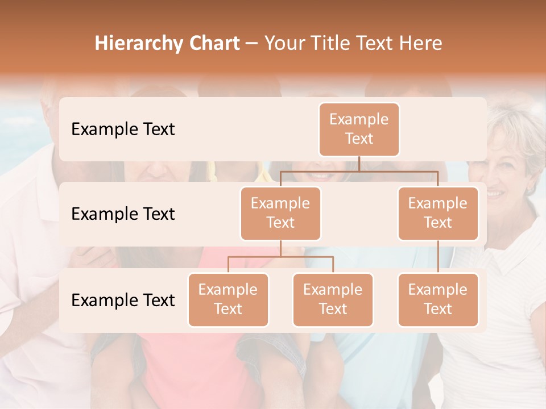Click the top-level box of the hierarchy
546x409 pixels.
coord(359,130)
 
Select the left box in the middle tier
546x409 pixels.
coord(280,214)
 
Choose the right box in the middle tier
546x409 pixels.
coord(438,214)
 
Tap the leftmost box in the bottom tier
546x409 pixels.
coord(228,300)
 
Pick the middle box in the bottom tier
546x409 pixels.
coord(333,300)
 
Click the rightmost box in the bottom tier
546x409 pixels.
coord(438,300)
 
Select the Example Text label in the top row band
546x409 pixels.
coord(123,130)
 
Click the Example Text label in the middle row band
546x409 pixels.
coord(123,214)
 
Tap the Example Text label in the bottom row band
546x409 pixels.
coord(123,300)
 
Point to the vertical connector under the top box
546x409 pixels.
coord(359,164)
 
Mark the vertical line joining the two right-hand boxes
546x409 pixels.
coord(438,257)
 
